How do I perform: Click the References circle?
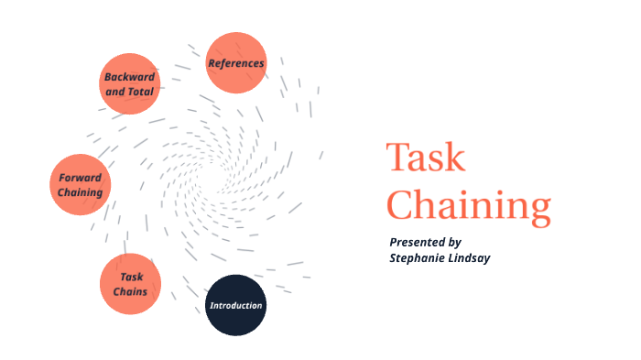(236, 63)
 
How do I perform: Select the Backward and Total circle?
(129, 84)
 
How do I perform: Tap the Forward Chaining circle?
(80, 185)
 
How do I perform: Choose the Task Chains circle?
(130, 284)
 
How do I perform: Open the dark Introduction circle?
(235, 305)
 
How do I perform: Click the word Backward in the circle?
(129, 77)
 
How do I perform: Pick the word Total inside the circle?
(141, 92)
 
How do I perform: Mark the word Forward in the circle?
(80, 178)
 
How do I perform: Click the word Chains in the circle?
(130, 291)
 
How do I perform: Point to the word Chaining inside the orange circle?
(80, 192)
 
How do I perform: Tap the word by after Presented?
(455, 242)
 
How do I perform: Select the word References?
(236, 63)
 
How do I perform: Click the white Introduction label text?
(235, 305)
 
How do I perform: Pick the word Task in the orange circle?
(131, 277)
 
